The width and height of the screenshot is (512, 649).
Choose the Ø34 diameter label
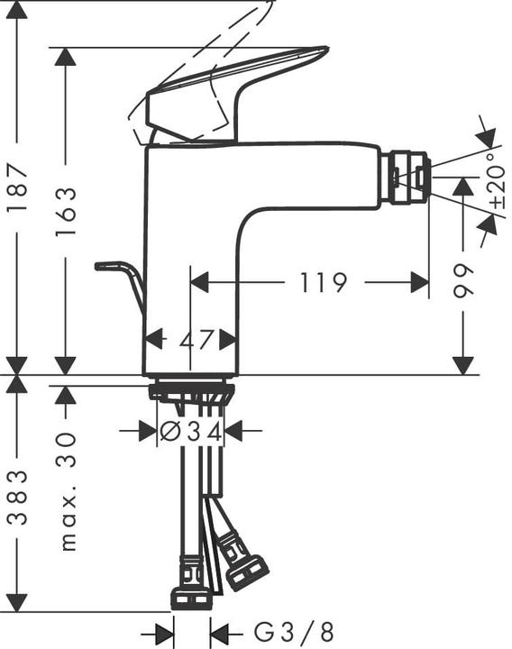click(190, 432)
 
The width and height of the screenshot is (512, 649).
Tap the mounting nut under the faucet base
click(191, 392)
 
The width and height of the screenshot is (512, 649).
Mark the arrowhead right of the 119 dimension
click(419, 283)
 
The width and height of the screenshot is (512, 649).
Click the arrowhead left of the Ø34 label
click(148, 432)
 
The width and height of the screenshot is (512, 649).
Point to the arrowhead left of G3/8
click(163, 628)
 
